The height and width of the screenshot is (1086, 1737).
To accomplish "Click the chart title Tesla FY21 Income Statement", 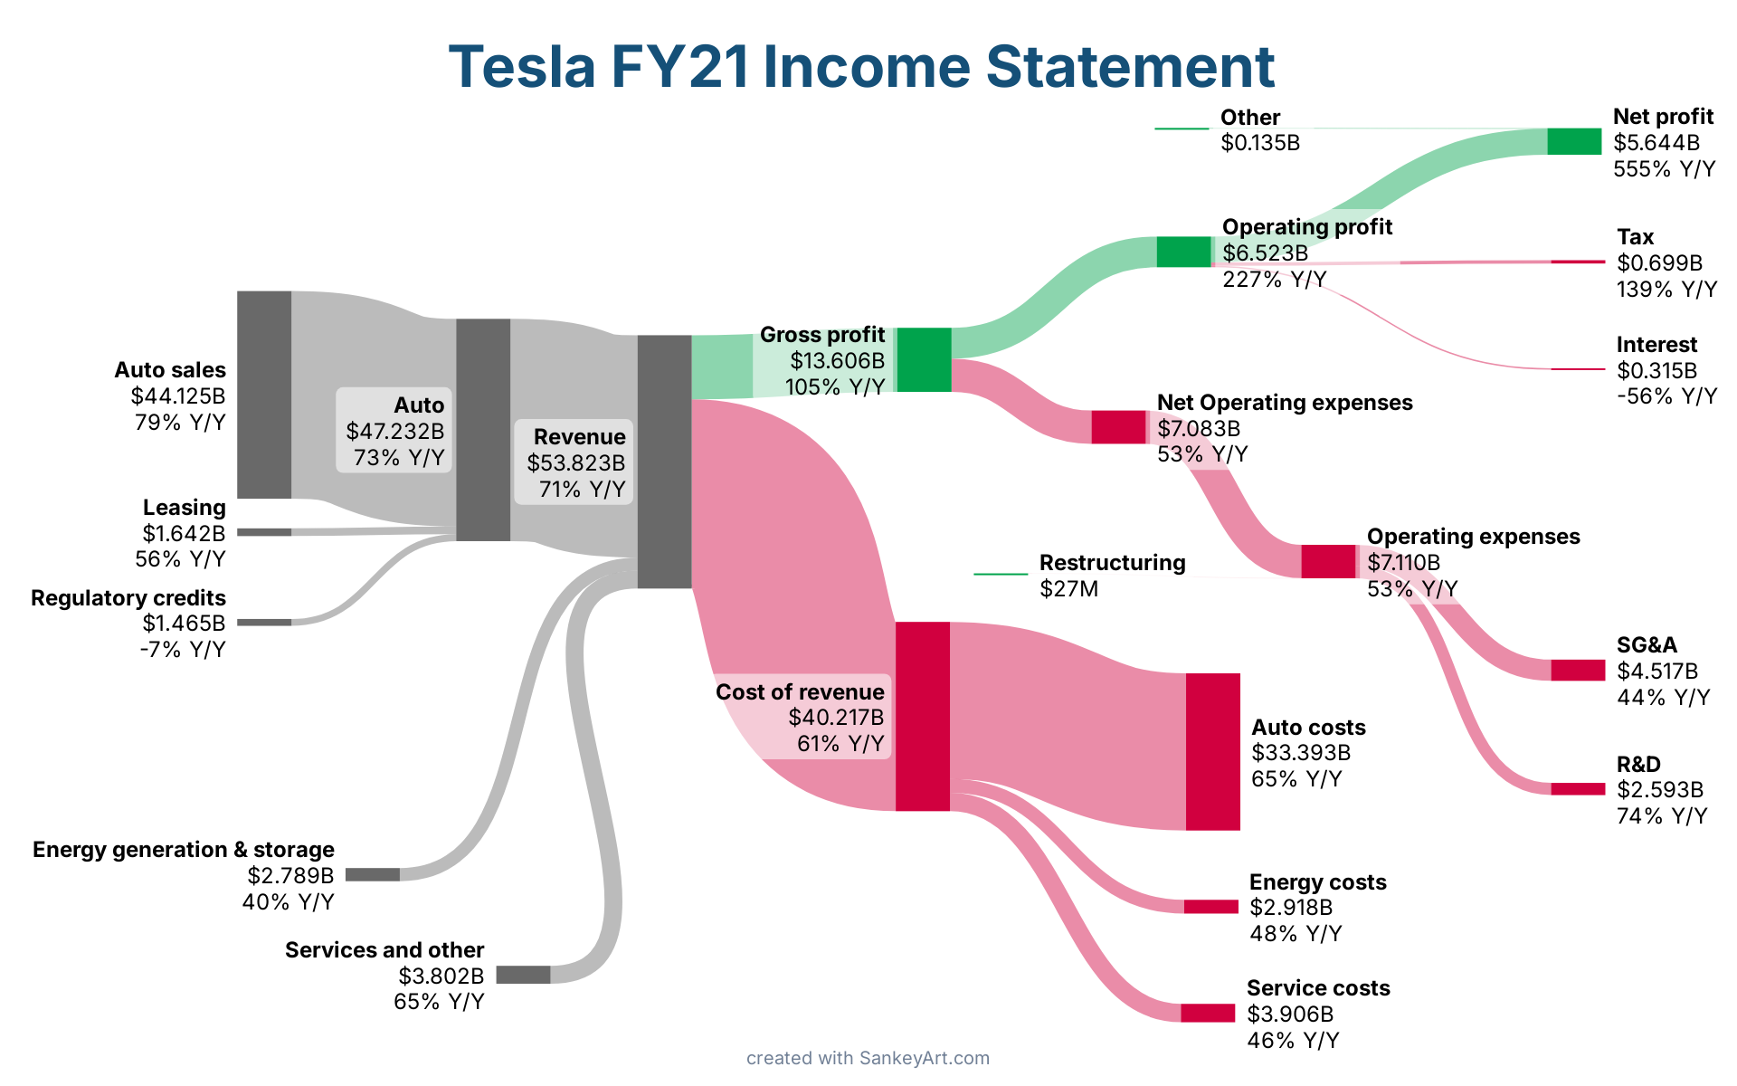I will coord(861,67).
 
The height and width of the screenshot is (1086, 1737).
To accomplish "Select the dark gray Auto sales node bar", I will coord(264,395).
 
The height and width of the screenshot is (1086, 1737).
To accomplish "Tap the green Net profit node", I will coord(1574,142).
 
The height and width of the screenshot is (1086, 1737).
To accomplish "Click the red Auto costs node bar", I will coord(1213,751).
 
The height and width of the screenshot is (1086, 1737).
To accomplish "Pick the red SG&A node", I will coord(1578,670).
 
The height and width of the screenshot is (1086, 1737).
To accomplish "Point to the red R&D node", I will coord(1578,789).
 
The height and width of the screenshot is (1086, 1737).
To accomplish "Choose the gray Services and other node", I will coord(523,975).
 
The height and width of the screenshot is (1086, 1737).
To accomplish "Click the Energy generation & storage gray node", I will coord(373,874).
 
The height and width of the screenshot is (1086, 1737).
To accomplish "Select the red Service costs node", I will coord(1208,1013).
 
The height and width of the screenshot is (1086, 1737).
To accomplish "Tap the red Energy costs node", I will coord(1211,907).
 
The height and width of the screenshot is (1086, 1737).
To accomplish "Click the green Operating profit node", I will coord(1183,252).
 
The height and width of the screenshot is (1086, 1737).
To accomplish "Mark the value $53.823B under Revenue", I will coord(576,463).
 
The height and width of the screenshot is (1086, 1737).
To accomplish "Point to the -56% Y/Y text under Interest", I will coord(1666,396).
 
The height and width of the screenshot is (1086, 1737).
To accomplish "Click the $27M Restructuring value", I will coord(1068,589).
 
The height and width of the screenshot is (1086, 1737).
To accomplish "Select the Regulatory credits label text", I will coord(128,598).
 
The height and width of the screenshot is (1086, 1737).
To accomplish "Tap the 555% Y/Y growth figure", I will coord(1664,169).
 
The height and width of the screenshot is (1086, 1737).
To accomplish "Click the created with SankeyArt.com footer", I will coord(868,1058).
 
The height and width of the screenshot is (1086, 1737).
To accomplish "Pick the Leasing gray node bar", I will coord(264,532).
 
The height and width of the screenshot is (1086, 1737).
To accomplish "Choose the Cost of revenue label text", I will coord(800,692).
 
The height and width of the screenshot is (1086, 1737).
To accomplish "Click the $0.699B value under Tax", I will coord(1659,263).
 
